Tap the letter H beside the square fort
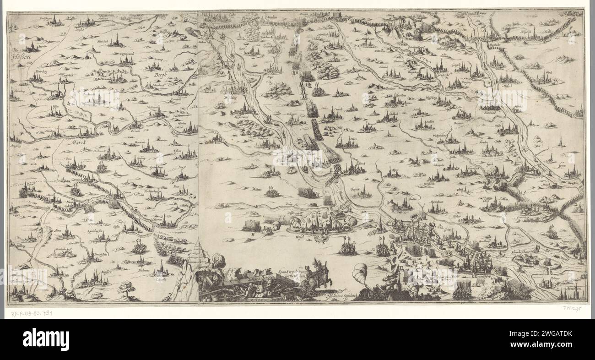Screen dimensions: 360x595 point(252,234)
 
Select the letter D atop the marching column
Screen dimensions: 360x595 point(301,31)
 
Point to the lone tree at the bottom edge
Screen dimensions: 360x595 point(124,288)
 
